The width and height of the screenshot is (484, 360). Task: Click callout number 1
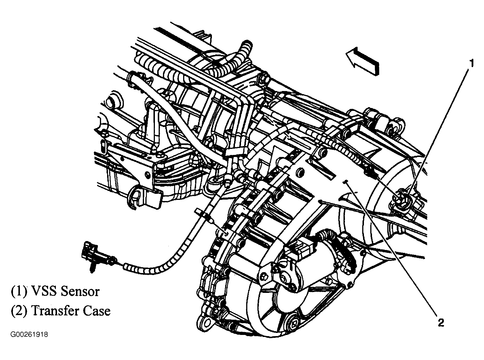coord(471,63)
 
